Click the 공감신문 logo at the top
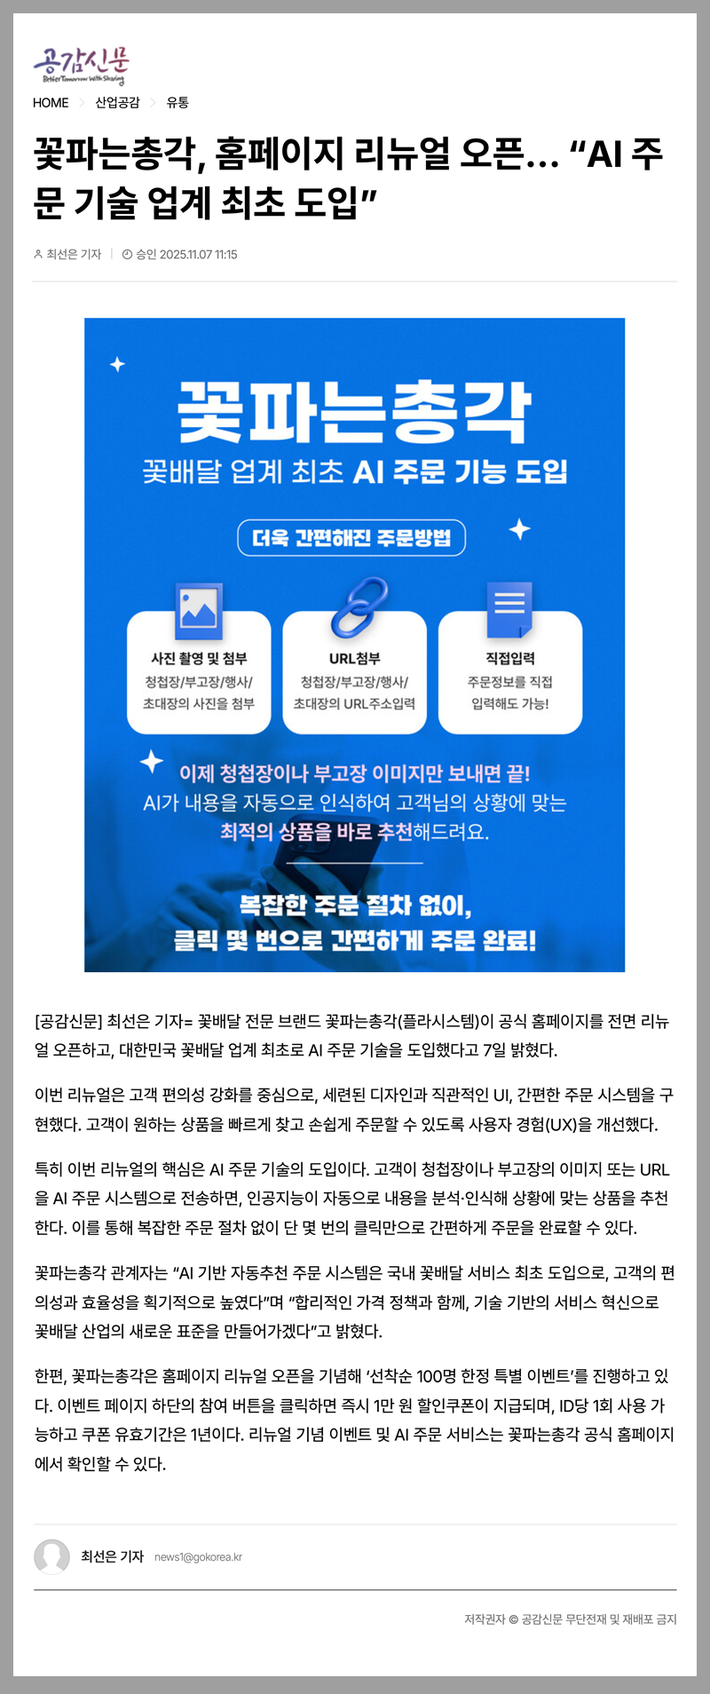point(82,65)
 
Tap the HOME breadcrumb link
point(51,103)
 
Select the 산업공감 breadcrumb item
point(117,103)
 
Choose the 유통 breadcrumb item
point(177,103)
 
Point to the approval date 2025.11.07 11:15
point(185,255)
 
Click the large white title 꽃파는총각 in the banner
point(354,413)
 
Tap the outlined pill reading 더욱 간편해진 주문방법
point(351,538)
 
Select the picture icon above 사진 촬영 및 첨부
point(199,610)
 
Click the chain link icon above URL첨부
point(359,607)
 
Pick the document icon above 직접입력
point(509,609)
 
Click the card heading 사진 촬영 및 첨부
point(199,659)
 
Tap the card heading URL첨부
point(354,659)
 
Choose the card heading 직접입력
point(510,659)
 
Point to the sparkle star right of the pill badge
point(519,530)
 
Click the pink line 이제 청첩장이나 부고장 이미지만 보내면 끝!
point(354,774)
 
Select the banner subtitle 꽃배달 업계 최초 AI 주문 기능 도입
point(354,472)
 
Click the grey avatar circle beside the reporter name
point(51,1556)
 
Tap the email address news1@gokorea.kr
point(198,1557)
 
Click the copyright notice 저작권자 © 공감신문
point(570,1619)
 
